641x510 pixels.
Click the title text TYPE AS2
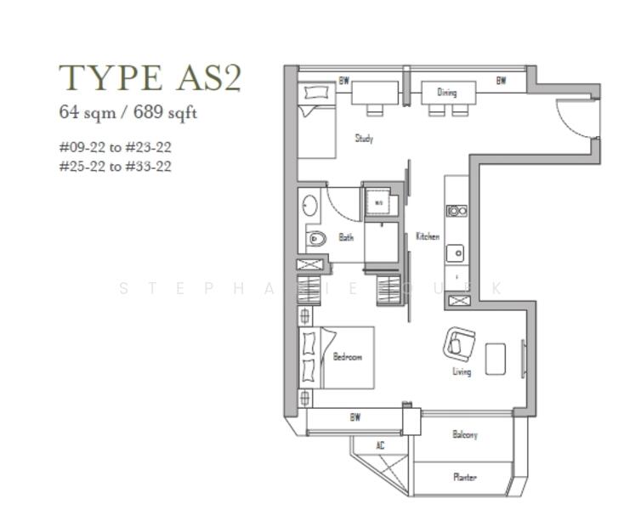(150, 77)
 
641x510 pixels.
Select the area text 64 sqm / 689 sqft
(128, 111)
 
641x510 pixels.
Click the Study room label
(364, 138)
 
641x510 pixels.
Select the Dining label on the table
(447, 92)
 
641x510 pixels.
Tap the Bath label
(346, 237)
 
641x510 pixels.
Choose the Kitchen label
(428, 236)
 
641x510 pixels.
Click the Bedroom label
(347, 357)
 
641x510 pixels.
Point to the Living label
(462, 371)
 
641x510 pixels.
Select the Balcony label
(464, 434)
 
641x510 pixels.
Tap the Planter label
(464, 477)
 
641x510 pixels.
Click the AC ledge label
(380, 445)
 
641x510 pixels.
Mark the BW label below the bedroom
(355, 417)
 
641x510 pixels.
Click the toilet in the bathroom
(316, 238)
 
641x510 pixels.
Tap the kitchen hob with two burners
(457, 211)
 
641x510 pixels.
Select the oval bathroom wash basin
(309, 206)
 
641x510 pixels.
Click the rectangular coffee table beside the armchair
(496, 358)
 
